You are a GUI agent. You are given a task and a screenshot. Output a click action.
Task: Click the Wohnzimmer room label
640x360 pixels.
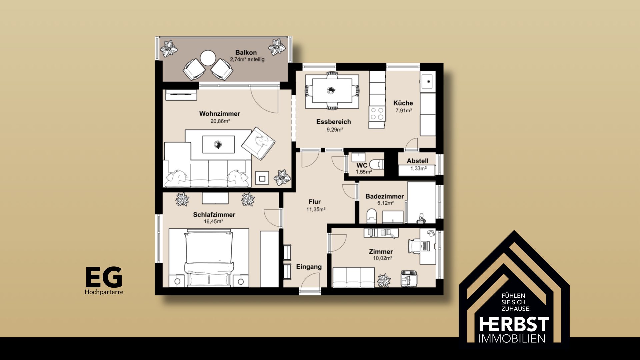pos(220,114)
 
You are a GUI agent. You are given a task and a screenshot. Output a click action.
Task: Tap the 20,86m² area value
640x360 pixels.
pos(220,121)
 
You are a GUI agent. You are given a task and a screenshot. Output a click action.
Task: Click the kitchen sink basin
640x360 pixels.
pos(427,81)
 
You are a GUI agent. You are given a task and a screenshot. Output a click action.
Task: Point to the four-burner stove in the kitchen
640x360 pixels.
pos(377,114)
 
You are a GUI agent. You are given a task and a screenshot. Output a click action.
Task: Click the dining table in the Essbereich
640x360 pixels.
pos(332,91)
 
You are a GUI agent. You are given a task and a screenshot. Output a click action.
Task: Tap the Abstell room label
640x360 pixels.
pos(417,161)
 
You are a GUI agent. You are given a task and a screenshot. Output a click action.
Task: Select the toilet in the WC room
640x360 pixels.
pos(377,164)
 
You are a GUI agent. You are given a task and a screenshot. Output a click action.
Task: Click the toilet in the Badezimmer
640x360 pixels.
pos(371,216)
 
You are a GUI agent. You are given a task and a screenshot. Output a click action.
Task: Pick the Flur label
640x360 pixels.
pos(315,202)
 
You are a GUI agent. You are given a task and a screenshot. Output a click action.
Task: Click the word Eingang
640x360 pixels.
pos(309,267)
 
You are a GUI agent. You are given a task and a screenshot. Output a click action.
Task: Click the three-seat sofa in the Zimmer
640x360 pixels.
pos(354,277)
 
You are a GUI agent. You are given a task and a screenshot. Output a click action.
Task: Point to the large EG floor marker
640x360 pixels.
pos(104,277)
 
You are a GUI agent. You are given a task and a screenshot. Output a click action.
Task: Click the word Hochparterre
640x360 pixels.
pos(104,292)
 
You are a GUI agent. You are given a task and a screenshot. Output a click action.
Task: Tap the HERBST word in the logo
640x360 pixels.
pos(514,324)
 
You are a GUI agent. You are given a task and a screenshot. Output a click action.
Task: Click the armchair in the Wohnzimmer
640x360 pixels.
pos(258,143)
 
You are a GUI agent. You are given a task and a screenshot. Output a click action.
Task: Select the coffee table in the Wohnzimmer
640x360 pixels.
pos(218,144)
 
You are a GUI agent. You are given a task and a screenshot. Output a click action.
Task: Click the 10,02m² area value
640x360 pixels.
pos(382,258)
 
